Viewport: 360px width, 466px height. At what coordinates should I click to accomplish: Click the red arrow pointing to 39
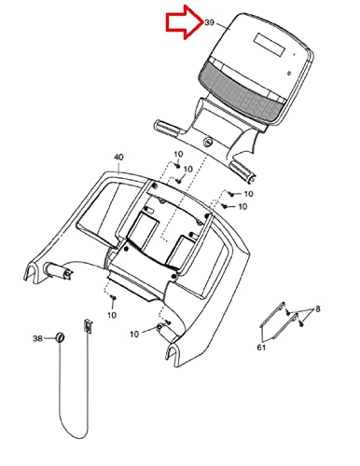[184, 22]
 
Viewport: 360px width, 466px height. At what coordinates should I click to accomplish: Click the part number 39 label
[210, 22]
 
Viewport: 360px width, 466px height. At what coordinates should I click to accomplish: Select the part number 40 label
[118, 158]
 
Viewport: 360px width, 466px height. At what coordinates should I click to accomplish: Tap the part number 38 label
[37, 338]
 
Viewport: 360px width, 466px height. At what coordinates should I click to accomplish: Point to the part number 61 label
[261, 348]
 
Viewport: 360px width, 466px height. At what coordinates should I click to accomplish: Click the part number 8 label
[318, 309]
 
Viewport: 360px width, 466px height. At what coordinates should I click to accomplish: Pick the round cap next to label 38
[60, 337]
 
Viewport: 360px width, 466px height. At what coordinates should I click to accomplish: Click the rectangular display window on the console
[270, 45]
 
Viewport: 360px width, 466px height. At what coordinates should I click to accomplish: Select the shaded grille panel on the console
[240, 91]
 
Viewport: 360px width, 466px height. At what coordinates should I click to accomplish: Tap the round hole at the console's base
[207, 143]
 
